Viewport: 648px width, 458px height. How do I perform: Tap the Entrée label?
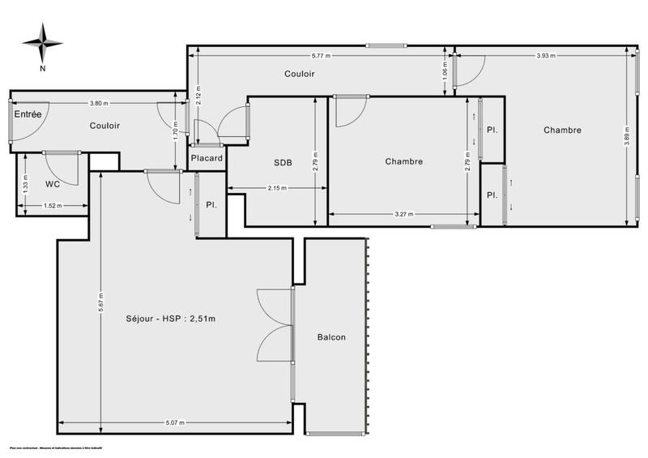pos(27,114)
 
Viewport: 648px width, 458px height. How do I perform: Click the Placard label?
pos(207,158)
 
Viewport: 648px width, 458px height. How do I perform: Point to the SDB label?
pos(282,161)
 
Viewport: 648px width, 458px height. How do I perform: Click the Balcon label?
pos(333,337)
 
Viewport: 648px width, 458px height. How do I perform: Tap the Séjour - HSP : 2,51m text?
pos(172,318)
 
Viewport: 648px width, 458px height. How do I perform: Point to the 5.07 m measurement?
pos(175,423)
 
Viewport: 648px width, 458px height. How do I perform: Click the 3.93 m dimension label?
pos(548,55)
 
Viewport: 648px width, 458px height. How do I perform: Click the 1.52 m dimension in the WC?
pos(53,206)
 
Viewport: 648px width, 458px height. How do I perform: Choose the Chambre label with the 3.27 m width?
pos(403,161)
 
